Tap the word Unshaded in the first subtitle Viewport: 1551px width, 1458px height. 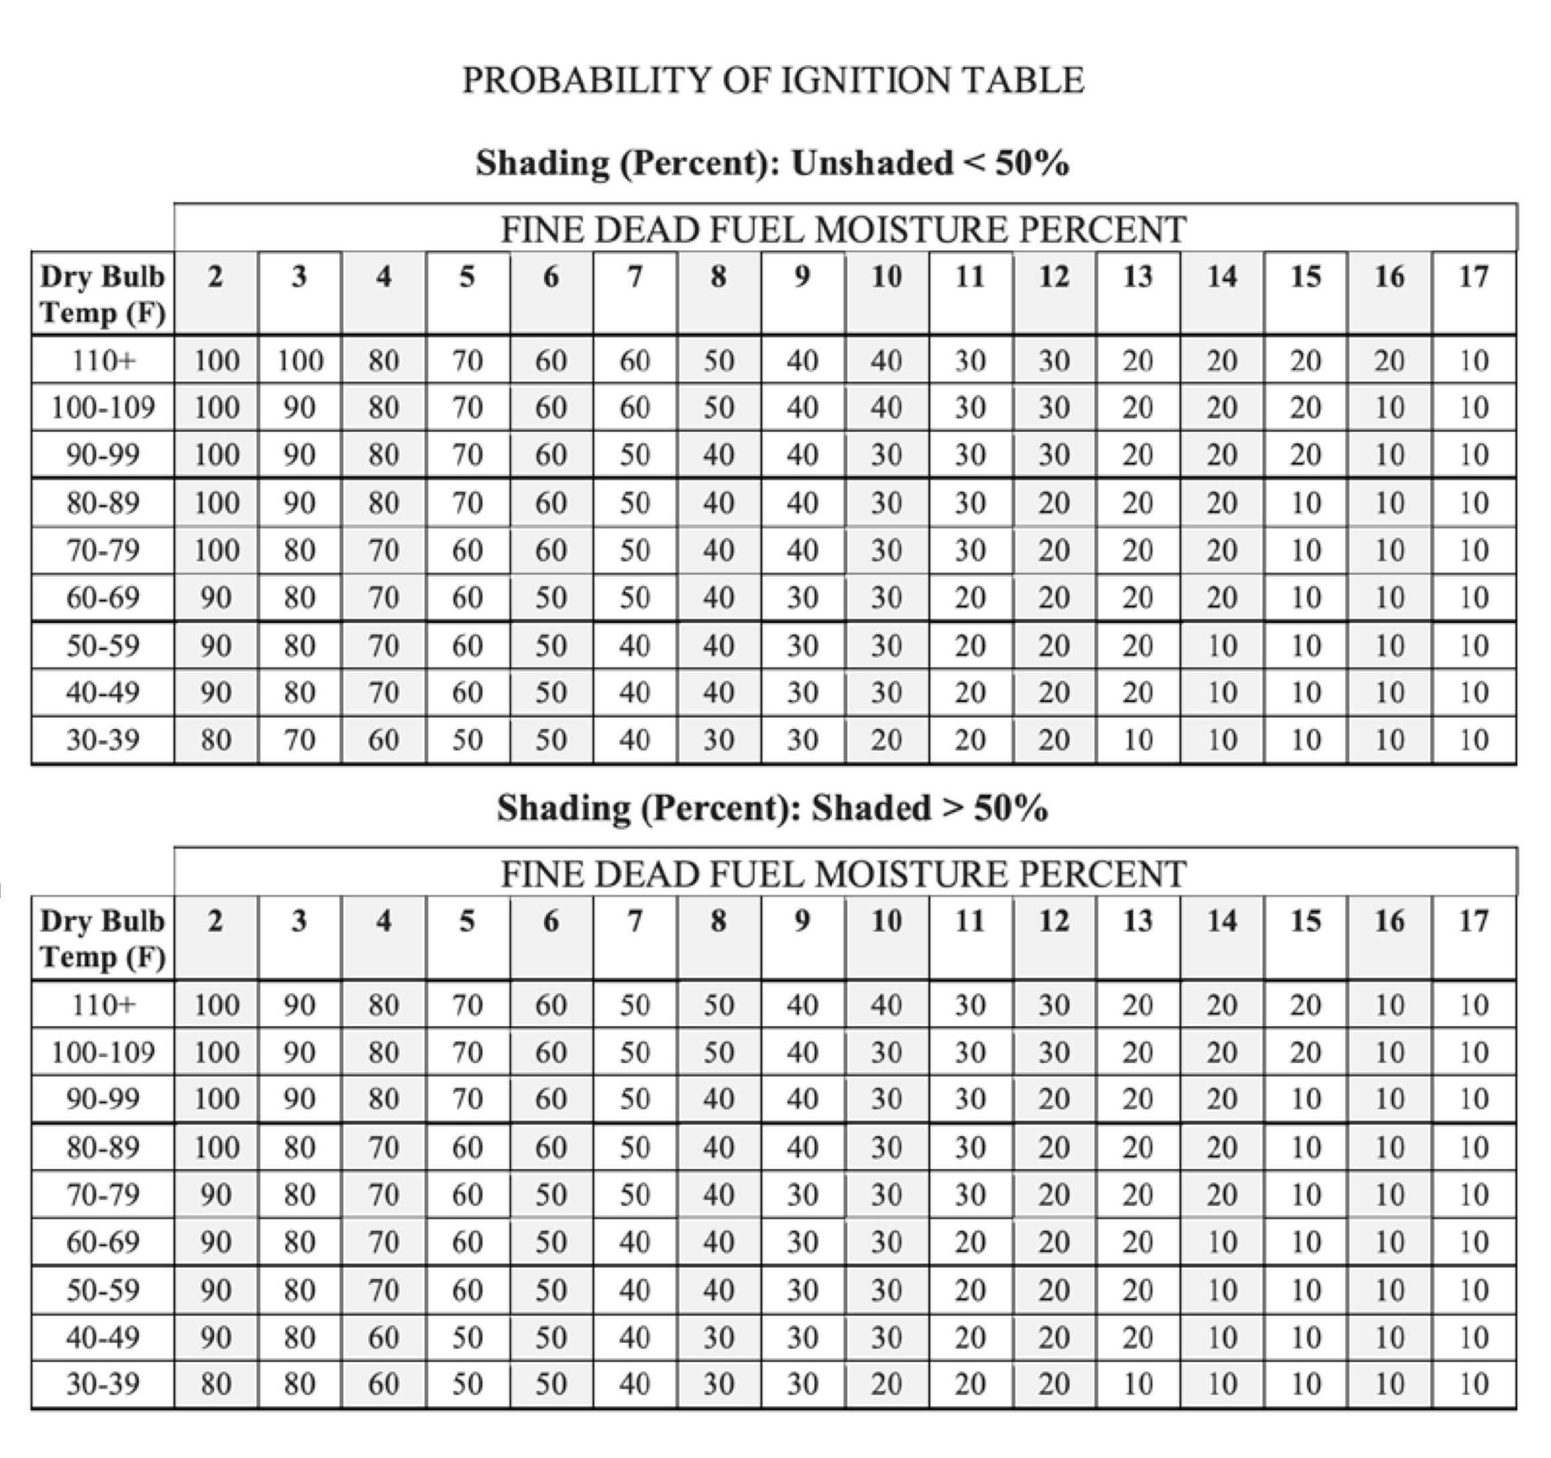tap(871, 163)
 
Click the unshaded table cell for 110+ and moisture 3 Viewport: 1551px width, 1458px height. tap(300, 360)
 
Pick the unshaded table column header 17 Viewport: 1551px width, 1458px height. tap(1474, 277)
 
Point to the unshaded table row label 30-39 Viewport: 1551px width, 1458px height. tap(103, 740)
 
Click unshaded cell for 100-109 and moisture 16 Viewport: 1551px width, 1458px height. tap(1389, 407)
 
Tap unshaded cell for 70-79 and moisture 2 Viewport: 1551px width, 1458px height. tap(216, 551)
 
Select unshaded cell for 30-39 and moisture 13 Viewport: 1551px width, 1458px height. tap(1138, 740)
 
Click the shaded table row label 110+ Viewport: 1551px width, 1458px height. tap(103, 1005)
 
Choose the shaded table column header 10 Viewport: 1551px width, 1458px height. tap(886, 921)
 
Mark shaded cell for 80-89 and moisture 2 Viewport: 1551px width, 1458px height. tap(216, 1147)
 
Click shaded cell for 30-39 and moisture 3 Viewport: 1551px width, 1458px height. tap(300, 1384)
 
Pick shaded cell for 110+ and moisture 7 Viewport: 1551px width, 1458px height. tap(635, 1005)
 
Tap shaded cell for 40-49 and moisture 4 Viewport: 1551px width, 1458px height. tap(383, 1337)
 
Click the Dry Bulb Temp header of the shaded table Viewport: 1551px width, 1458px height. tap(103, 938)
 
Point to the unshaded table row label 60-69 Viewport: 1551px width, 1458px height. tap(103, 598)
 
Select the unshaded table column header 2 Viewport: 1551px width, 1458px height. tap(216, 277)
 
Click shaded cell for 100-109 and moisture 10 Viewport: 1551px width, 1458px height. tap(886, 1052)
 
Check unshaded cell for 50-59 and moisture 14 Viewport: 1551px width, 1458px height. tap(1222, 646)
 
